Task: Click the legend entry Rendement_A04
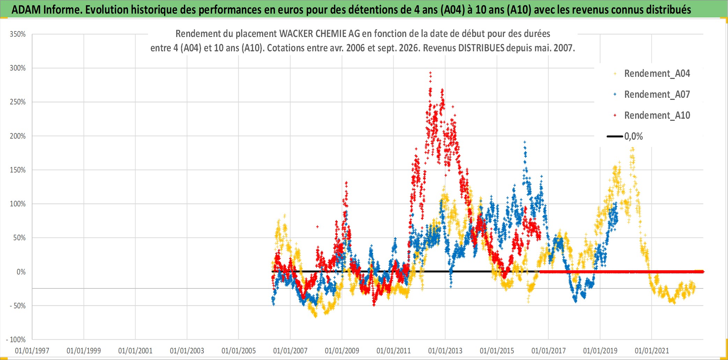point(652,73)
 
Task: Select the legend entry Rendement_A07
point(652,94)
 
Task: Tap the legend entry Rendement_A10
point(652,115)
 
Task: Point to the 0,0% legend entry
point(625,136)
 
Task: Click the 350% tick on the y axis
point(18,34)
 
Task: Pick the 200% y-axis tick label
point(18,136)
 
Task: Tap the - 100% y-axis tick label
point(16,339)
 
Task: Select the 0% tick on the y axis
point(21,272)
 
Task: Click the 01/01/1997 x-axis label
point(32,351)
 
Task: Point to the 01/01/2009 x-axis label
point(342,351)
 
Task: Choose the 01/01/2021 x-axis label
point(652,351)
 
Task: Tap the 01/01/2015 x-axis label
point(497,351)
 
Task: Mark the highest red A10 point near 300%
point(430,73)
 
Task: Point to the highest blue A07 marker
point(525,142)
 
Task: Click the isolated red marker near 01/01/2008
point(317,227)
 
